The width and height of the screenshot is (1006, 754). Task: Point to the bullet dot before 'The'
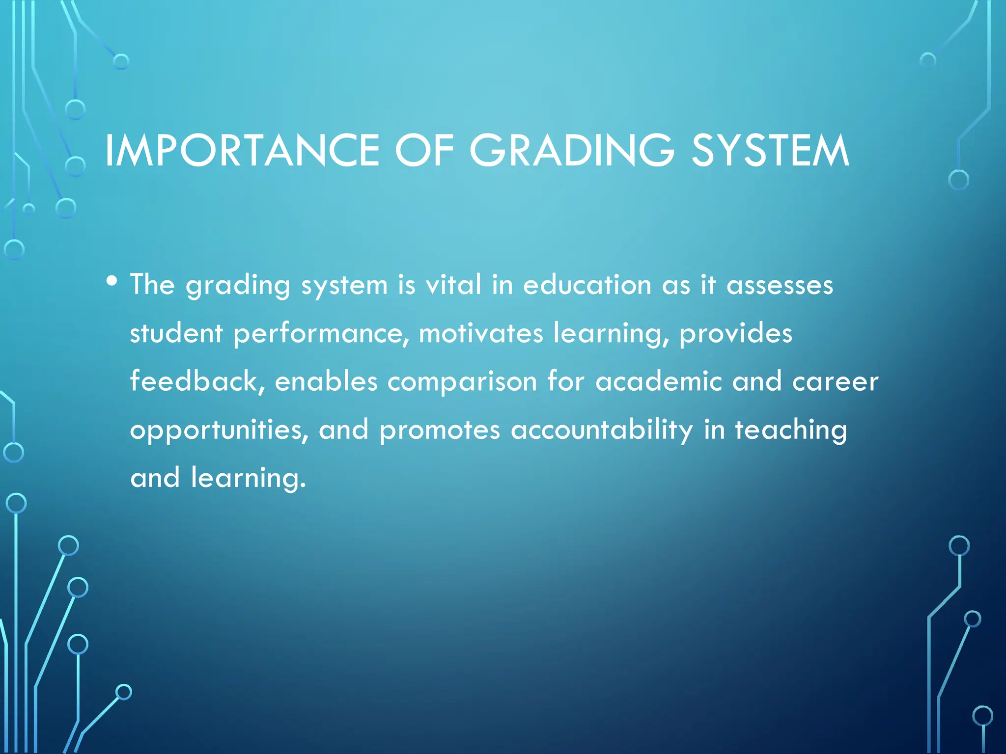112,281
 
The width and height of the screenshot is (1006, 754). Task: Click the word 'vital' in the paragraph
453,285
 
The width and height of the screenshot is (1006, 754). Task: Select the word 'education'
587,285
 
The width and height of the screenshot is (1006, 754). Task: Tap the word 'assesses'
780,285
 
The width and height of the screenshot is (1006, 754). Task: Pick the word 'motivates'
481,333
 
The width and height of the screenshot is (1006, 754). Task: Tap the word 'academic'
659,381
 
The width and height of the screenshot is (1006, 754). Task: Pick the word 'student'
176,333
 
